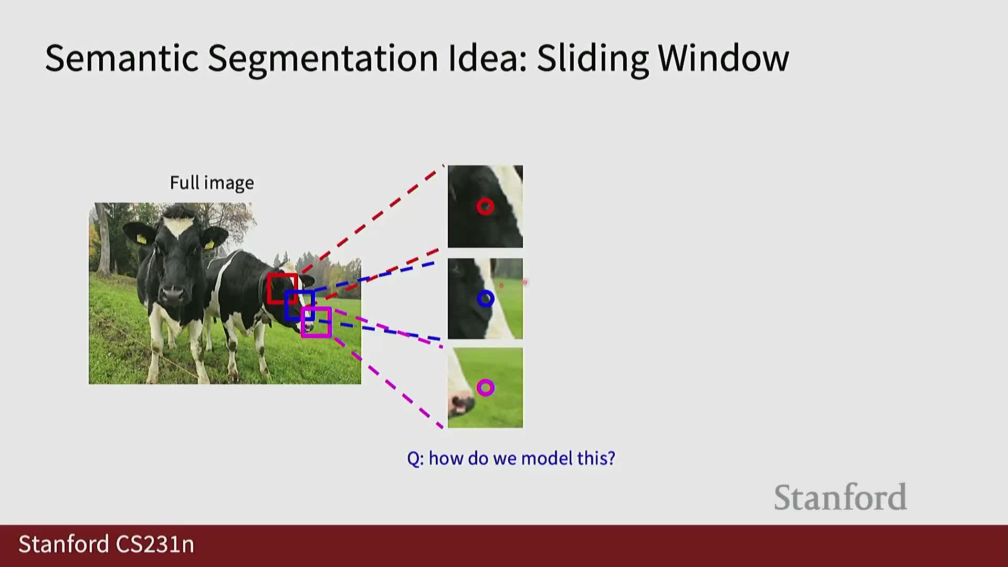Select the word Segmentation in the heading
[x=322, y=59]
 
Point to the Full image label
[x=212, y=183]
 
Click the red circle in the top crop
[x=485, y=206]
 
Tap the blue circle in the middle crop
[x=486, y=299]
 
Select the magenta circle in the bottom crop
[x=486, y=388]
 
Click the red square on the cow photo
[x=282, y=288]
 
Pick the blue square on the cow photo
[x=299, y=305]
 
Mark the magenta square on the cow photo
[x=316, y=322]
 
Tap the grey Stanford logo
[x=840, y=498]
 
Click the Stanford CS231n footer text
[x=107, y=544]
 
